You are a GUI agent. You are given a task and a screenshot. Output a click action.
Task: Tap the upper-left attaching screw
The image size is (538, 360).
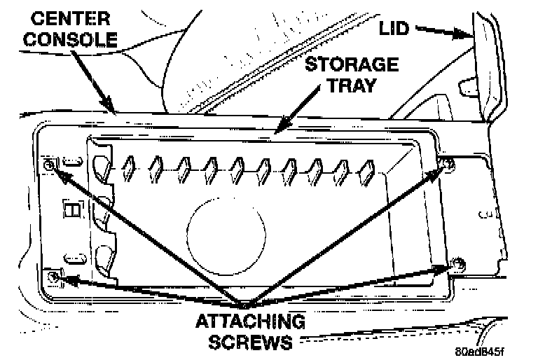pos(50,165)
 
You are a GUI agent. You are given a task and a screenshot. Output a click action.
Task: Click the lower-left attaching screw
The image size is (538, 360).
pos(53,278)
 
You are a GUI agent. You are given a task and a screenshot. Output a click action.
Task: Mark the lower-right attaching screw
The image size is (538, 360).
pos(457,264)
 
